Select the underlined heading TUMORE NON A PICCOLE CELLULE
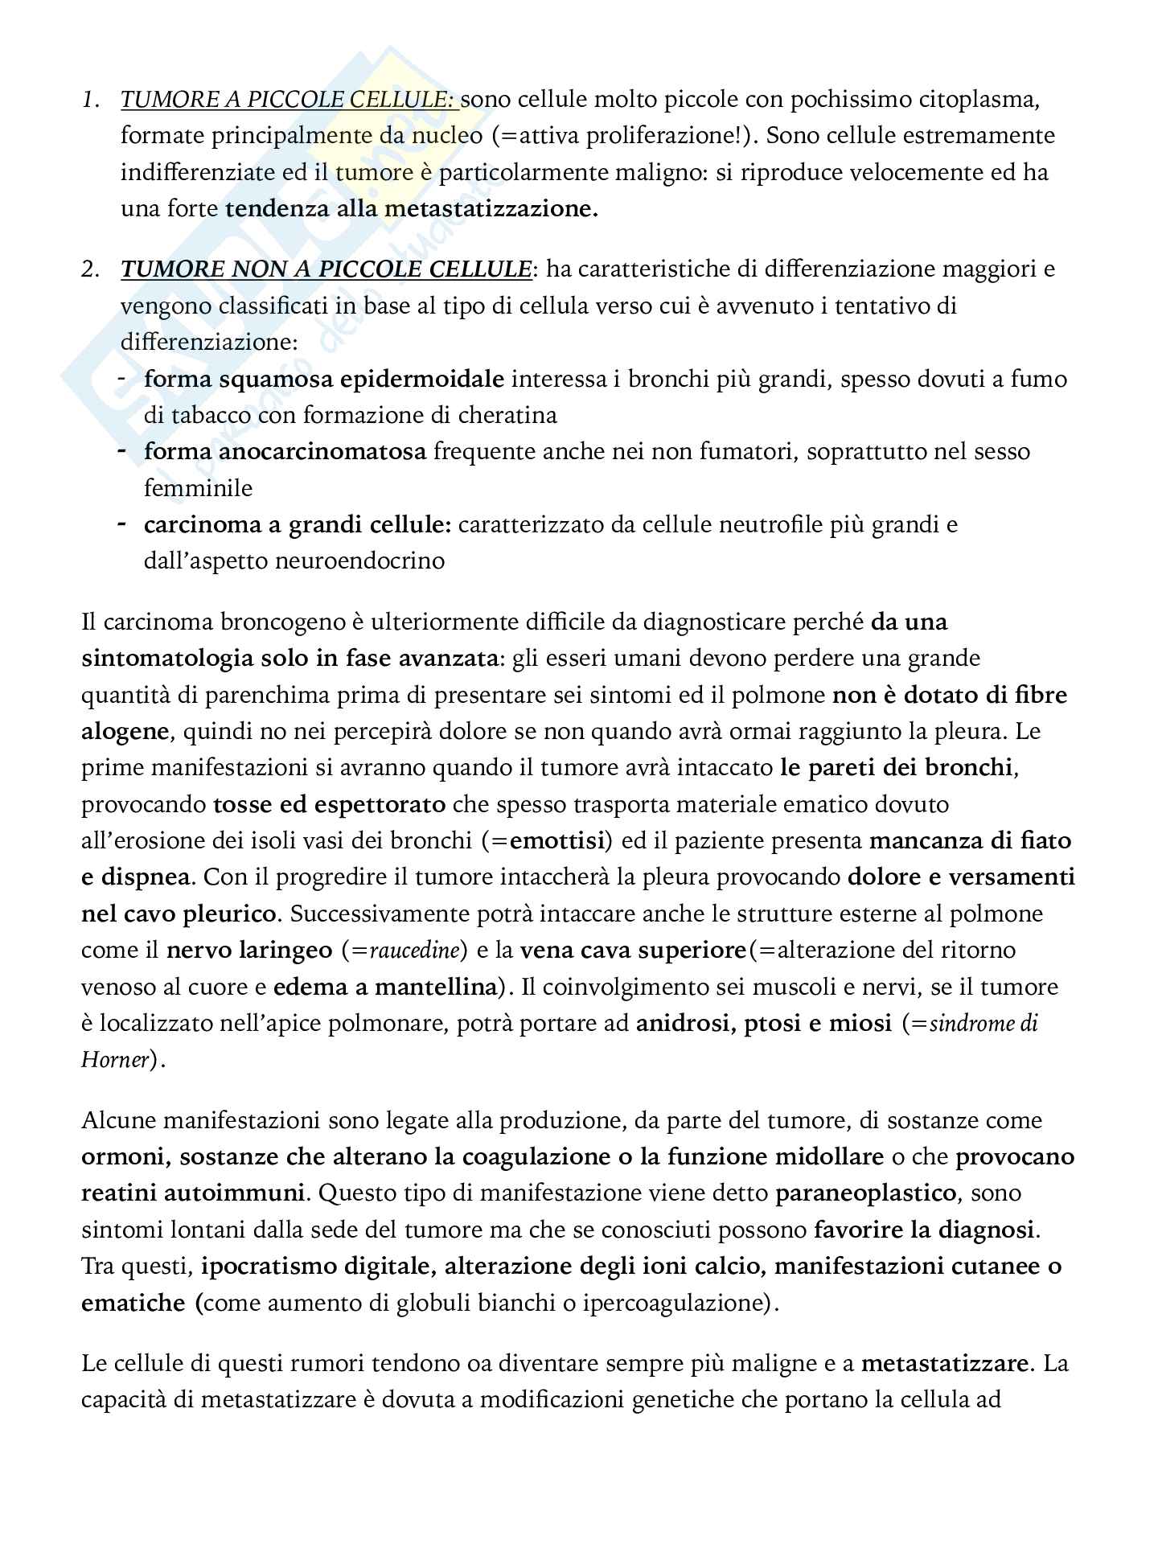pyautogui.click(x=326, y=269)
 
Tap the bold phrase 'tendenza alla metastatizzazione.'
pyautogui.click(x=412, y=209)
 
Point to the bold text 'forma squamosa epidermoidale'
pyautogui.click(x=324, y=379)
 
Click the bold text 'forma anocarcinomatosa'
pyautogui.click(x=285, y=452)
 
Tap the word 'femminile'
pyautogui.click(x=198, y=488)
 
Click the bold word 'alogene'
pyautogui.click(x=125, y=731)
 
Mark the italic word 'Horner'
pyautogui.click(x=115, y=1060)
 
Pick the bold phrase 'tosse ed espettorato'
pyautogui.click(x=330, y=804)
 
